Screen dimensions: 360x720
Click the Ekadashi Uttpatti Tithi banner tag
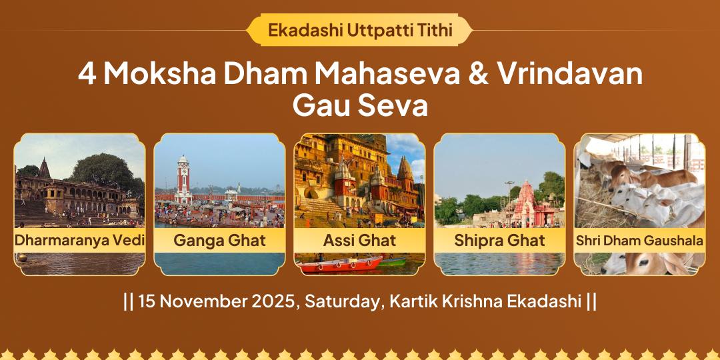[359, 30]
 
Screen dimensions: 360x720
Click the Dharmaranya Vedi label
[79, 240]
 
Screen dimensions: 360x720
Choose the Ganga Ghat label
[219, 240]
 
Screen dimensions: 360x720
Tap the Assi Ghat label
[359, 240]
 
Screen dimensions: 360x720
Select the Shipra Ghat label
[499, 240]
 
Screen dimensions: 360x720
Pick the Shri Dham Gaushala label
[639, 240]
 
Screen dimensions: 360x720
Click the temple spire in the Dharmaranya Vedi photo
[44, 169]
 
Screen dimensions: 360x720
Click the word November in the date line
[201, 301]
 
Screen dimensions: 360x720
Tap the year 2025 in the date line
[273, 301]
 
